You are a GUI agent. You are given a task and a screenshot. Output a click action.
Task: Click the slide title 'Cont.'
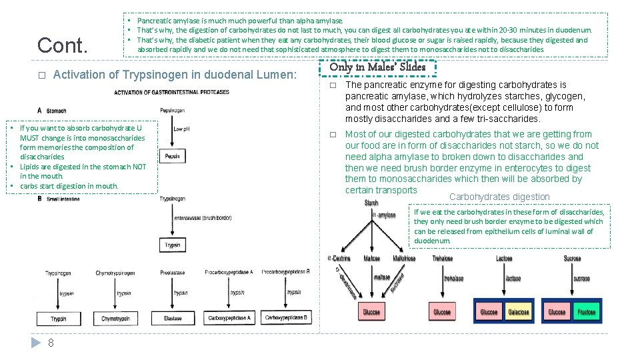point(63,45)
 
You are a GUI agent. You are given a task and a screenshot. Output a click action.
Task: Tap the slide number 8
point(51,343)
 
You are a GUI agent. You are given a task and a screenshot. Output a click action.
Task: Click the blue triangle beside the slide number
point(36,343)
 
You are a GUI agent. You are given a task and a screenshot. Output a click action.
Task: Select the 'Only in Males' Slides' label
point(377,67)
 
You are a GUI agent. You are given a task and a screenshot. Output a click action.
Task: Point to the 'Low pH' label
point(182,129)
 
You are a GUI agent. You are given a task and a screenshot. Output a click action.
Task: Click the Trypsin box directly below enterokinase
point(172,245)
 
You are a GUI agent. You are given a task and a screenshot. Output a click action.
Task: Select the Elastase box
point(173,319)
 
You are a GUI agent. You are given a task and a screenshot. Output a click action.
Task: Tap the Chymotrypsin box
point(115,319)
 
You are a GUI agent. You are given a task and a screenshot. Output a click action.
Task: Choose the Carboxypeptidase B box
point(286,318)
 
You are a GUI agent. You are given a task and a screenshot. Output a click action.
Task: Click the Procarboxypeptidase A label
point(229,272)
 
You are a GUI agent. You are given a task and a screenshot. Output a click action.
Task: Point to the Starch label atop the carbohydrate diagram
point(371,203)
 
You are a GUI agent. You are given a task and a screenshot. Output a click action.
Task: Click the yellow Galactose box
point(519,312)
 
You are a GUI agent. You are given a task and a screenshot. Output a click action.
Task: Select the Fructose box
point(586,312)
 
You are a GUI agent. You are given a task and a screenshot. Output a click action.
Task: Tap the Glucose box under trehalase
point(442,312)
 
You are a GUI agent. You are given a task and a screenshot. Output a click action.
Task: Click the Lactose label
point(504,259)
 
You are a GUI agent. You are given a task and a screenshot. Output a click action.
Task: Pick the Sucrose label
point(572,259)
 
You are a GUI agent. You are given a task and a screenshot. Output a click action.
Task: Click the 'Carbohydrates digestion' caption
point(499,197)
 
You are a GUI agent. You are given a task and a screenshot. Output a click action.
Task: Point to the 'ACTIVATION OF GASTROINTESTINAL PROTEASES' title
point(171,92)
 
